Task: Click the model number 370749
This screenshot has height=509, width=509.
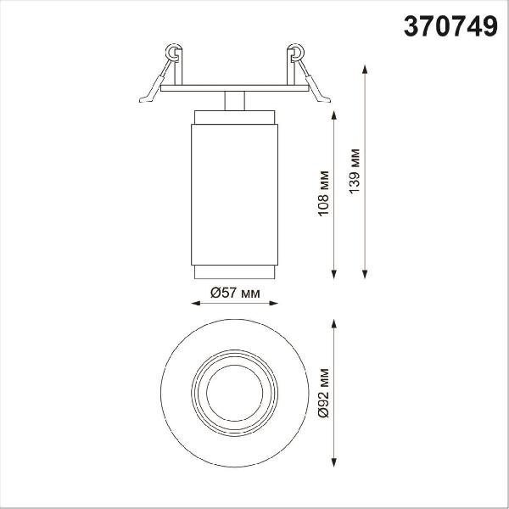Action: [450, 26]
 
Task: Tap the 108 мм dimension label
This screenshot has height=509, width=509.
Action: [323, 193]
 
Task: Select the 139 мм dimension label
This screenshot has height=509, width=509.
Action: [354, 171]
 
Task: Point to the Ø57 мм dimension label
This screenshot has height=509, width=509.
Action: [235, 294]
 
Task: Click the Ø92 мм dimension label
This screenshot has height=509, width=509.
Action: [323, 393]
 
